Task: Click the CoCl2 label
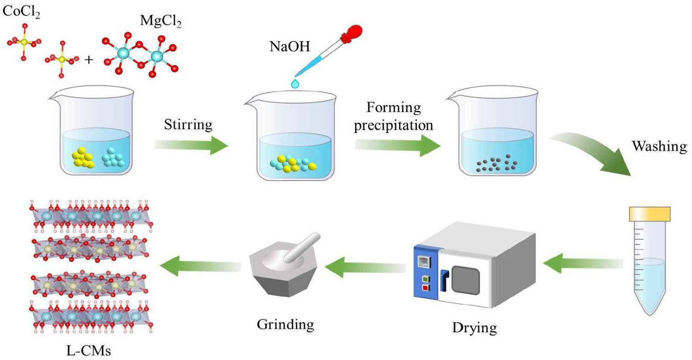(21, 12)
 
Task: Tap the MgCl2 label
(160, 21)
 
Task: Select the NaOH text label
(289, 46)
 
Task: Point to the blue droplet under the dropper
(296, 83)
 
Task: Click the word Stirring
(188, 124)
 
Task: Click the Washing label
(659, 146)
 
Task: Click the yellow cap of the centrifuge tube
(649, 214)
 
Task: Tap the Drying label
(474, 327)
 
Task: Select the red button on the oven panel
(425, 288)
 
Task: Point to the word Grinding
(285, 324)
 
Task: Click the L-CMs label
(88, 350)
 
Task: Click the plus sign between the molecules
(88, 59)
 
